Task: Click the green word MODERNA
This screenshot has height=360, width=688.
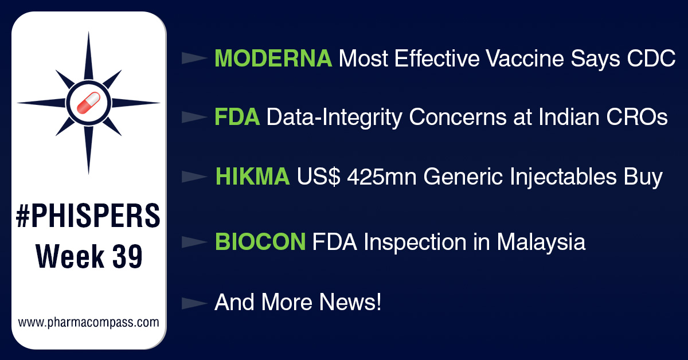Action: (x=273, y=58)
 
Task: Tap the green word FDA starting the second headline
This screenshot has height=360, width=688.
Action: (x=237, y=118)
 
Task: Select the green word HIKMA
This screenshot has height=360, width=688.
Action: (x=252, y=177)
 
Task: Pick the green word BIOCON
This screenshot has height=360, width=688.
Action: (x=260, y=242)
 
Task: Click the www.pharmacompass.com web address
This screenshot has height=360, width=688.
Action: (x=88, y=322)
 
